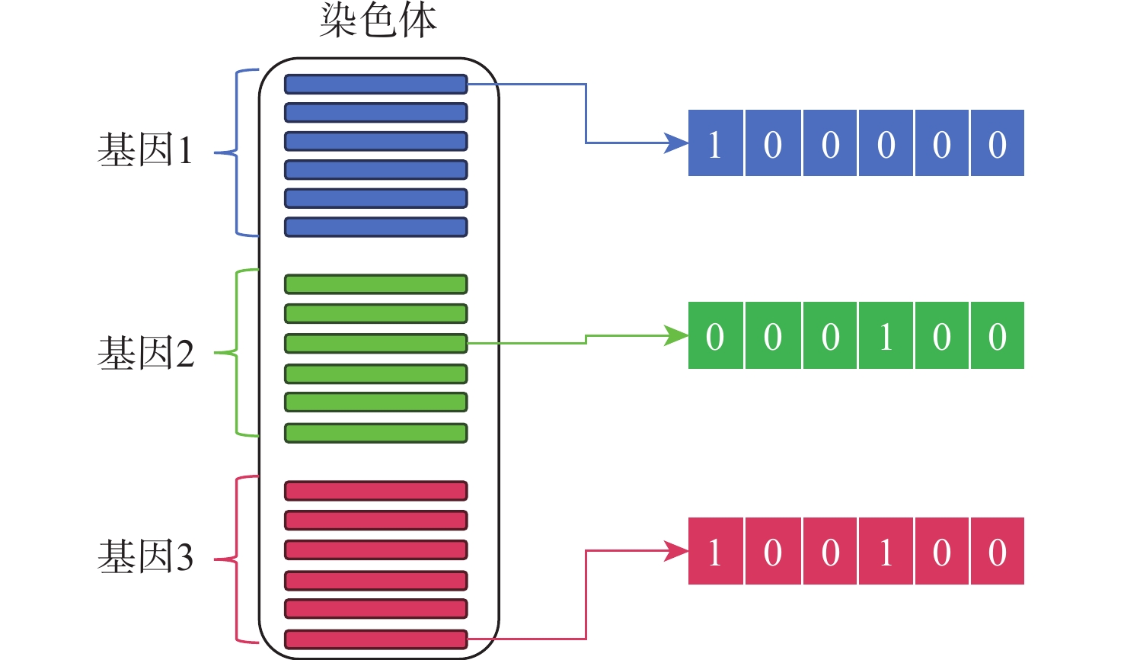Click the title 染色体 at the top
[378, 21]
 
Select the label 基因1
[145, 150]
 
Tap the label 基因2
[145, 354]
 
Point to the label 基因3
[145, 557]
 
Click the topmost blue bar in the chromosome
[375, 84]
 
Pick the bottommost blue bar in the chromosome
[375, 227]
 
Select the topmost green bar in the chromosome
[375, 284]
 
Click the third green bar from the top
[375, 344]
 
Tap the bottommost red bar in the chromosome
[375, 639]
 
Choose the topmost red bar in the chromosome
[375, 490]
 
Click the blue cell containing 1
[715, 143]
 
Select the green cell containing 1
[886, 336]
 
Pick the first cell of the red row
[715, 552]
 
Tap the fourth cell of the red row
[886, 552]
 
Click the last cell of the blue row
[998, 143]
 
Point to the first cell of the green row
[715, 336]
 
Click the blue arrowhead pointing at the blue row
[675, 143]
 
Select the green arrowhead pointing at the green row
[675, 335]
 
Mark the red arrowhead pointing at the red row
[675, 551]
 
